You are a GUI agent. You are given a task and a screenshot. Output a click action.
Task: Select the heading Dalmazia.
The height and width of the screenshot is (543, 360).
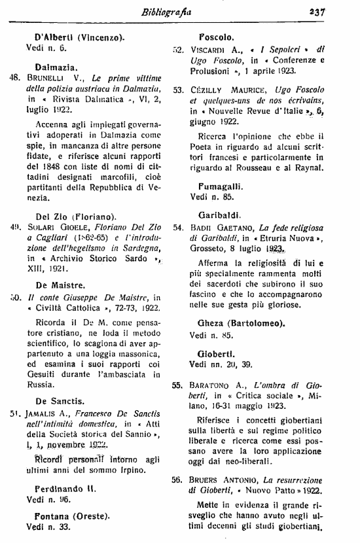(x=58, y=66)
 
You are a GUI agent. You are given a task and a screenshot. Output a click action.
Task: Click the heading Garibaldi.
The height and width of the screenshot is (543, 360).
(x=223, y=214)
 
